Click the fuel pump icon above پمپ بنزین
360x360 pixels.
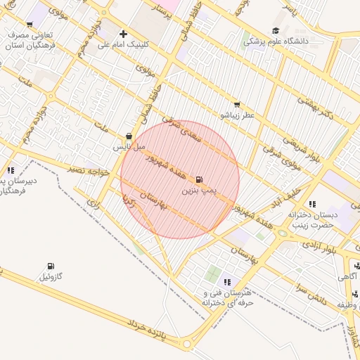click(x=200, y=180)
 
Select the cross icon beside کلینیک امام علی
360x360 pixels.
click(x=124, y=34)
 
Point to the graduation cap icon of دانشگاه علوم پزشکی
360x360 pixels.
click(x=276, y=31)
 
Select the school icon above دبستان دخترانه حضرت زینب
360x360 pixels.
click(x=311, y=204)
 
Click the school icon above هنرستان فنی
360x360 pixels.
click(x=226, y=282)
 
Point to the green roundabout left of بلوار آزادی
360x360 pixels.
click(x=283, y=233)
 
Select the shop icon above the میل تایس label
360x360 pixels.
click(x=129, y=136)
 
